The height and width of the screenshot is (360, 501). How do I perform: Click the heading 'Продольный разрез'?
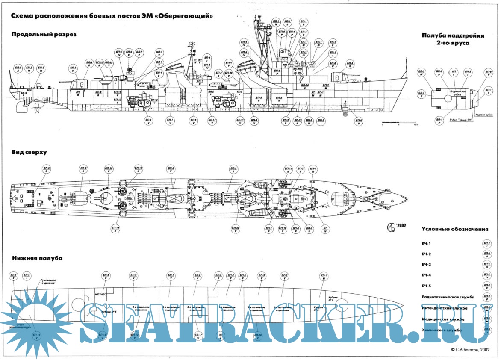point(44,35)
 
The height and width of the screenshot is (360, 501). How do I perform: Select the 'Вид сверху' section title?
point(29,152)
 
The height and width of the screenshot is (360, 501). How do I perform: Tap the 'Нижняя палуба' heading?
point(38,258)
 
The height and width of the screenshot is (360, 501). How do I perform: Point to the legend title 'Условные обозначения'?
point(454,229)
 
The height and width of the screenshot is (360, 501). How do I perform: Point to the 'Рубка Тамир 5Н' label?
point(462,120)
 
